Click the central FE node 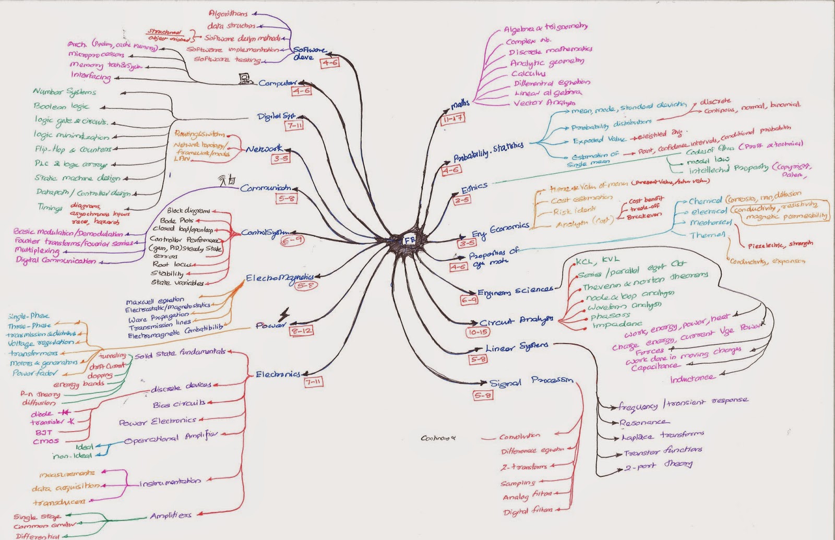(x=409, y=240)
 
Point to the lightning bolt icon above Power (x=285, y=315)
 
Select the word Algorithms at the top (x=228, y=14)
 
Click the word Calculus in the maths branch (x=528, y=74)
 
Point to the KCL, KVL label (x=597, y=260)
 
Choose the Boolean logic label (x=61, y=106)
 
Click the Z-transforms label (x=524, y=467)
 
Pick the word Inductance (x=691, y=378)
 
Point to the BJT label (x=44, y=432)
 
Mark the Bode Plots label (x=176, y=220)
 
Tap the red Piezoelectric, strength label (x=780, y=244)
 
